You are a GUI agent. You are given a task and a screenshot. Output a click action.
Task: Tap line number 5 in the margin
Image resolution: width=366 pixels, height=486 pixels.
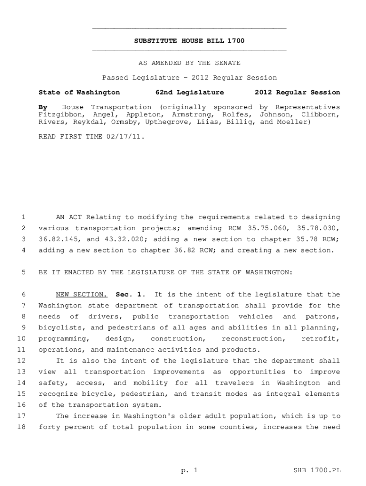click(23, 272)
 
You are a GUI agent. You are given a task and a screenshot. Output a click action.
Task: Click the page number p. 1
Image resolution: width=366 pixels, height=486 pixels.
click(189, 470)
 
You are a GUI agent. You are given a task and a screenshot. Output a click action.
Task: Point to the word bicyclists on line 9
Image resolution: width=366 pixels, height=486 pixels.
click(59, 327)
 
